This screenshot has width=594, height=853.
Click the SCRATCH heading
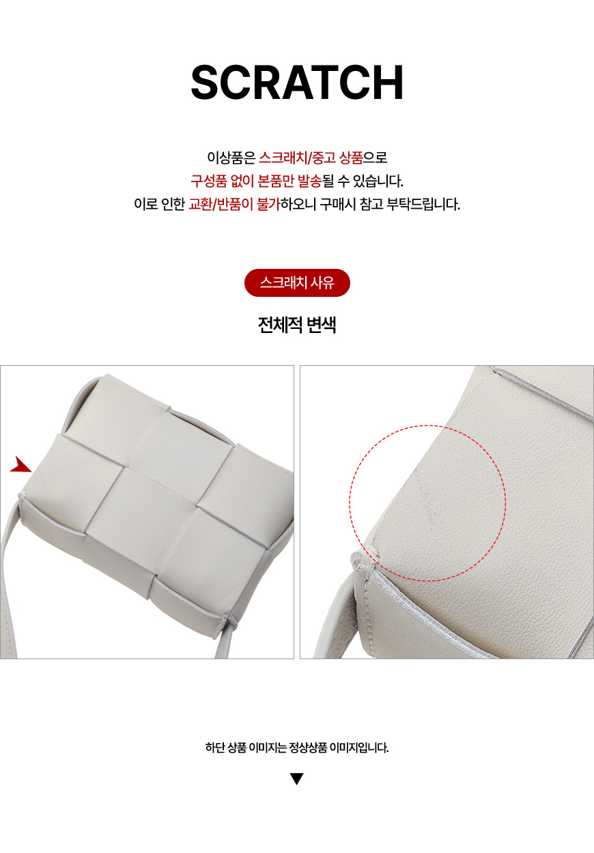click(297, 83)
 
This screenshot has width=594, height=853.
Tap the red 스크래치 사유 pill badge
click(297, 283)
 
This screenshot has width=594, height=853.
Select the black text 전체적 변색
click(297, 325)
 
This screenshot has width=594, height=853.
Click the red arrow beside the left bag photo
click(21, 464)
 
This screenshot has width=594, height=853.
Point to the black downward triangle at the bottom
click(297, 779)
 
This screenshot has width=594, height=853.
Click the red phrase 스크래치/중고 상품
click(311, 158)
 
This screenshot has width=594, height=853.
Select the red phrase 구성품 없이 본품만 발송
click(257, 181)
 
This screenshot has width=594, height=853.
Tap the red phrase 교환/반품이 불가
click(234, 204)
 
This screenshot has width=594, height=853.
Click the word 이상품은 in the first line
click(231, 158)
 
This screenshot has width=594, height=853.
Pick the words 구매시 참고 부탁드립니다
click(390, 204)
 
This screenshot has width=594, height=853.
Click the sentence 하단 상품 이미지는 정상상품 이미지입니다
click(297, 747)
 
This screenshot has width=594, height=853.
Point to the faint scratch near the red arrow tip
click(41, 476)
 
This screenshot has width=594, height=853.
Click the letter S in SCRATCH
click(205, 83)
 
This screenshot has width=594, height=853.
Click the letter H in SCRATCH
click(388, 83)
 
